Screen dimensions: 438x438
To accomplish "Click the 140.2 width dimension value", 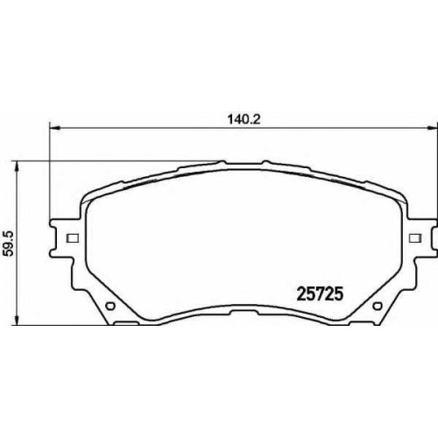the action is (x=244, y=120).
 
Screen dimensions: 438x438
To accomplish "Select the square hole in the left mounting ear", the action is (x=73, y=238).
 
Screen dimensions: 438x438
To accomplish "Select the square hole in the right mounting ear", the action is (x=415, y=238).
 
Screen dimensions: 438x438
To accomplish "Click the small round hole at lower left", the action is (x=110, y=306).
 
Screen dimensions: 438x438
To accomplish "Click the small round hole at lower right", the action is (x=378, y=306).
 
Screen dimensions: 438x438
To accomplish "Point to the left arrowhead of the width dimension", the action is (x=55, y=128).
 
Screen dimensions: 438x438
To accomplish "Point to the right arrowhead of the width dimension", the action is (x=433, y=128).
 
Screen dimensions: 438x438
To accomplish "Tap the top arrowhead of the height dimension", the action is (x=18, y=166).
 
